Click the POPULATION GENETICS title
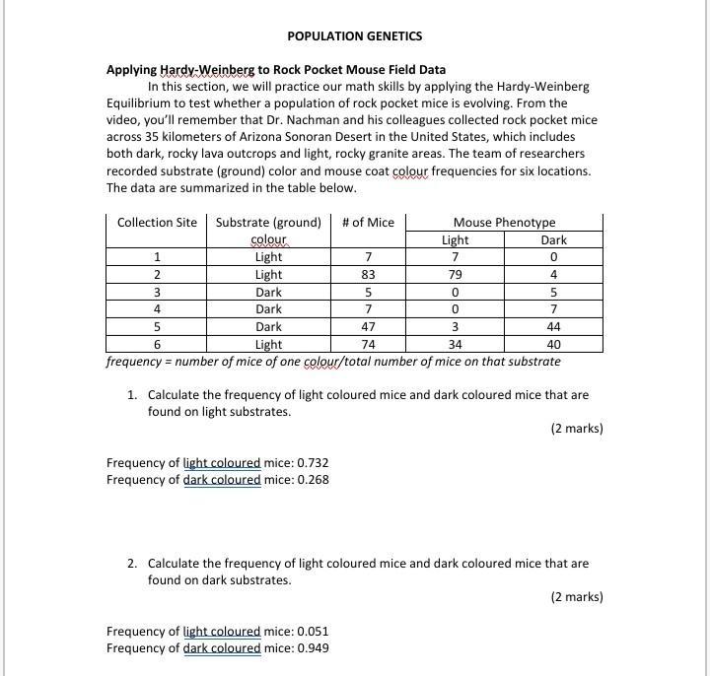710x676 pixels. pyautogui.click(x=354, y=36)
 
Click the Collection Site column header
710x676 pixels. pyautogui.click(x=157, y=223)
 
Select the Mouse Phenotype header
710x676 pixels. pyautogui.click(x=504, y=223)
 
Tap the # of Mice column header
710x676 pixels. pyautogui.click(x=368, y=223)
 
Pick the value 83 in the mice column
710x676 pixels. pyautogui.click(x=368, y=275)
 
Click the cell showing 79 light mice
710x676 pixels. pyautogui.click(x=455, y=275)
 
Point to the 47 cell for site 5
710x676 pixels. pyautogui.click(x=368, y=327)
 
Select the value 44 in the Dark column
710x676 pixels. pyautogui.click(x=553, y=327)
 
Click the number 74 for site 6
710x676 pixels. pyautogui.click(x=368, y=345)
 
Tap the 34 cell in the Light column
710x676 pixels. pyautogui.click(x=455, y=345)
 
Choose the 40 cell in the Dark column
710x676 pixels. pyautogui.click(x=553, y=345)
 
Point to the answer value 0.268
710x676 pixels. pyautogui.click(x=313, y=480)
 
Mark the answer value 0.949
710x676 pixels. pyautogui.click(x=313, y=648)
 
